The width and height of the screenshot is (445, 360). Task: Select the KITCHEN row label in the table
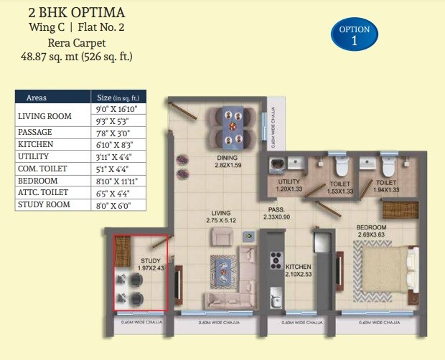pos(36,144)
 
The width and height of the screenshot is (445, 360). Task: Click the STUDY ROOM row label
pos(45,205)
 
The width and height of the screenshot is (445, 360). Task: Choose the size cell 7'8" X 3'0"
pos(116,133)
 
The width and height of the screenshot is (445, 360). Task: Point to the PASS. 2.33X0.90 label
pos(276,212)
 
